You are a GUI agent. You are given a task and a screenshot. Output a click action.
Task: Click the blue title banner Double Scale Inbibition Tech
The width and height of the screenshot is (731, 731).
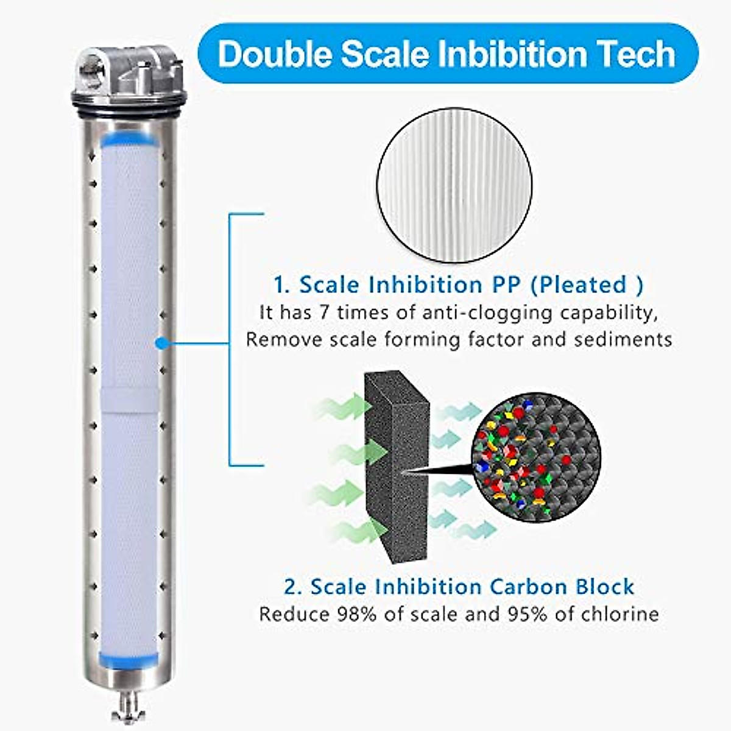pyautogui.click(x=448, y=54)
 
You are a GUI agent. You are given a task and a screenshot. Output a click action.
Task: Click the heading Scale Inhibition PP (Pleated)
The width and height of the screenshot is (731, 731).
pyautogui.click(x=458, y=284)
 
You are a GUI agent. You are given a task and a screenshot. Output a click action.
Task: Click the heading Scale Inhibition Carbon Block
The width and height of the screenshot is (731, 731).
pyautogui.click(x=459, y=587)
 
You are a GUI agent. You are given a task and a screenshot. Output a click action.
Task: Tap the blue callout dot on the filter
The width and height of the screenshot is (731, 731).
pyautogui.click(x=161, y=344)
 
